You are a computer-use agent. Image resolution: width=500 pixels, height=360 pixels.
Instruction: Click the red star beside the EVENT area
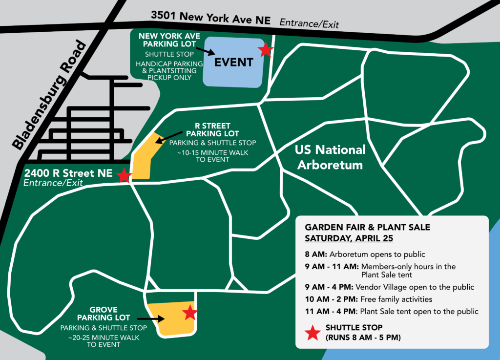(266, 49)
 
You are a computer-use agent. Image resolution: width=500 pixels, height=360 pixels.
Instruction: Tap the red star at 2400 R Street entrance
(124, 175)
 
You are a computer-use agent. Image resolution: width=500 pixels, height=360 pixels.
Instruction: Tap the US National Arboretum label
(330, 157)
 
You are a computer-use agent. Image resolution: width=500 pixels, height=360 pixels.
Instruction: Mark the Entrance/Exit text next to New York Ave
(309, 23)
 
